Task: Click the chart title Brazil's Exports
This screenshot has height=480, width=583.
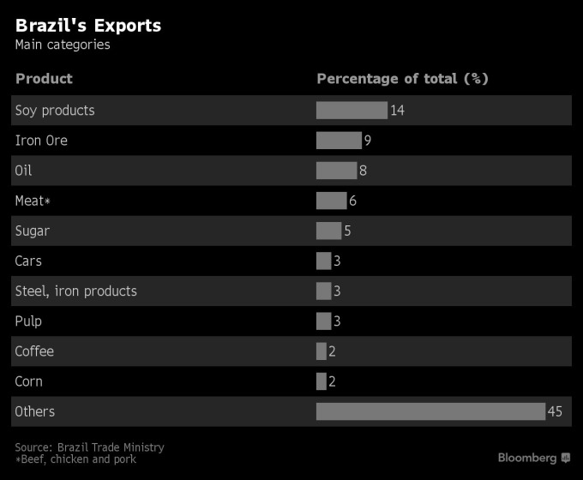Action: tap(88, 26)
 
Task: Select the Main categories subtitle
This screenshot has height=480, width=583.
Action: tap(63, 45)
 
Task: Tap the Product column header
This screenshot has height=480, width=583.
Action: tap(44, 79)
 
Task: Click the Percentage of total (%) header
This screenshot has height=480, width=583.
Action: tap(402, 79)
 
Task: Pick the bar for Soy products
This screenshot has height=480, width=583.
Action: tap(352, 111)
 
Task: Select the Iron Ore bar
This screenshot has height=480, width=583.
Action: tap(339, 141)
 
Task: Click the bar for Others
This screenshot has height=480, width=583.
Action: tap(430, 411)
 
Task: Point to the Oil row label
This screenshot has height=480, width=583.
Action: tap(23, 171)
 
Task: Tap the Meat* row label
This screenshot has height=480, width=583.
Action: tap(33, 201)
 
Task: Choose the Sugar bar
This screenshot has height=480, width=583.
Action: tap(328, 231)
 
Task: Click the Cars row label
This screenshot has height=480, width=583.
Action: tap(28, 261)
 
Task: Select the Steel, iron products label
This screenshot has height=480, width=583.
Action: tap(75, 291)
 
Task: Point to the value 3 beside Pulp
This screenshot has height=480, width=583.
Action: tap(338, 321)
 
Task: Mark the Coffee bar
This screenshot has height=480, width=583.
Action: tap(322, 351)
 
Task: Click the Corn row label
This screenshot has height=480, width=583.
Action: tap(28, 381)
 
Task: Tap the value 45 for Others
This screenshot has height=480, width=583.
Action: tap(555, 412)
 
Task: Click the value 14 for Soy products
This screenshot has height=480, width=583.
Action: tap(397, 111)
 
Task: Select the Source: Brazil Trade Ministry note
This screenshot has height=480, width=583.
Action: tap(89, 447)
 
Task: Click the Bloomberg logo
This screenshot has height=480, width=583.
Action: tap(533, 459)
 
